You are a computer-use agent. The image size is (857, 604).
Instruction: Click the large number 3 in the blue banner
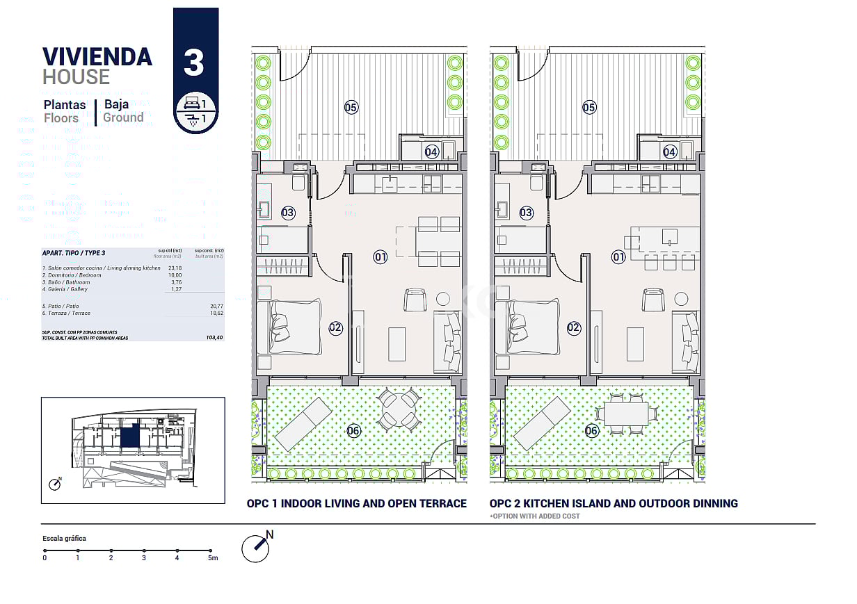(194, 62)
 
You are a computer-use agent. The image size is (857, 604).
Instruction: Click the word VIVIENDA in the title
(97, 56)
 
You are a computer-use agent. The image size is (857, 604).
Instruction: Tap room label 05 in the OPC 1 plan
(351, 107)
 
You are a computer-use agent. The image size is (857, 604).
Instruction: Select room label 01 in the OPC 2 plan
(618, 257)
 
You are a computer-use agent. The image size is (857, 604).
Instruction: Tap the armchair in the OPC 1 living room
(415, 300)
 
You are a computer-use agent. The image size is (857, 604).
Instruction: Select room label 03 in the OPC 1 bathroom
(288, 213)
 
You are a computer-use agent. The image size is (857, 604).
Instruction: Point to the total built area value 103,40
(214, 337)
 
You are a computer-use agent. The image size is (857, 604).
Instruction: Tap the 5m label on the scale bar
(213, 557)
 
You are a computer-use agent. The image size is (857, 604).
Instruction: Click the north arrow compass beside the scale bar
(255, 548)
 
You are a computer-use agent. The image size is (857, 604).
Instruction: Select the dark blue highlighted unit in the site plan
(129, 437)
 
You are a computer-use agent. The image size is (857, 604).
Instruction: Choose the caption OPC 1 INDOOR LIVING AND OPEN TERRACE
(356, 503)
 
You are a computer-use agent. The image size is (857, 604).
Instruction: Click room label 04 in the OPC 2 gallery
(670, 152)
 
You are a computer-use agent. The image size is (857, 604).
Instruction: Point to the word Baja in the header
(116, 104)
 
